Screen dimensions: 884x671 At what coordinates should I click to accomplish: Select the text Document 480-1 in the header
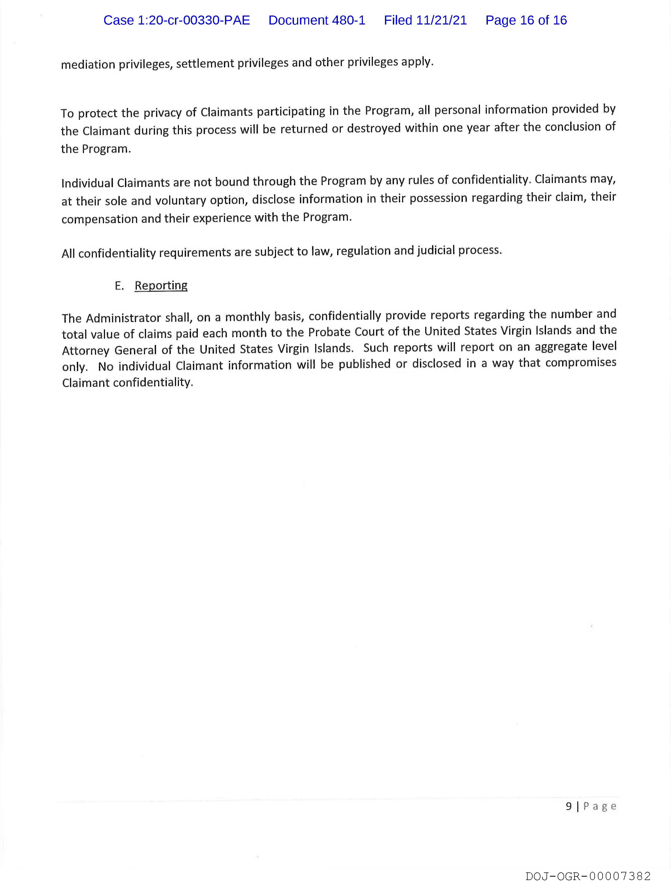click(317, 20)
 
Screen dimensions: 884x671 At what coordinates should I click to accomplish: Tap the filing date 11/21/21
click(441, 20)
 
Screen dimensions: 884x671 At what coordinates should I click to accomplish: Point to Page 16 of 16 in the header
click(526, 20)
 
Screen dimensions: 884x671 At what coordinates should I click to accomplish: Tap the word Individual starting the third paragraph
click(87, 183)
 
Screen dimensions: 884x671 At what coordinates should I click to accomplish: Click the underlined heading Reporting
click(161, 285)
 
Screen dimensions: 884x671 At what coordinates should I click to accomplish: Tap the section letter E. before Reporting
click(119, 286)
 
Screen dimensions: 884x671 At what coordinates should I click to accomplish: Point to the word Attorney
click(86, 351)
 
